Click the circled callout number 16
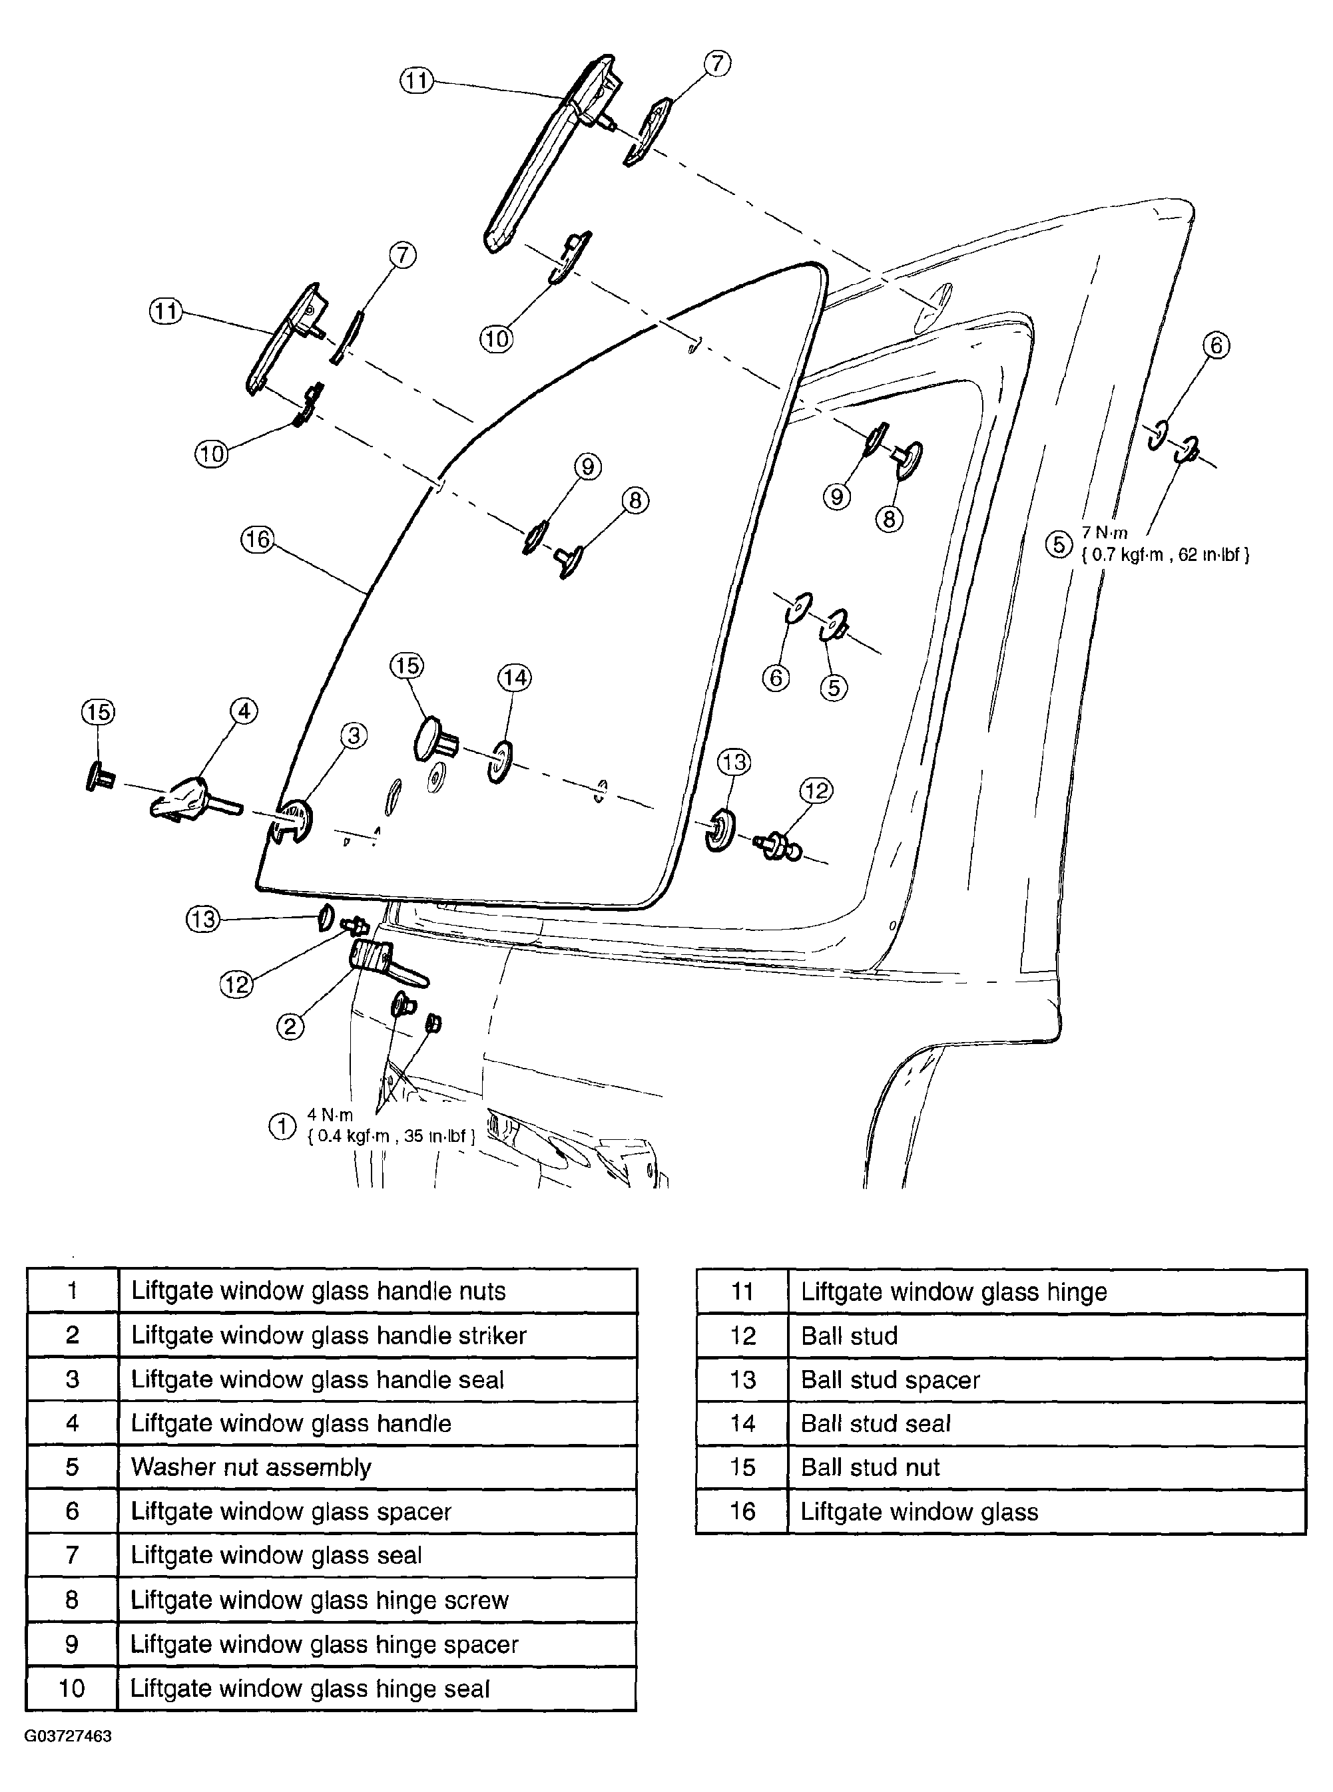pos(258,539)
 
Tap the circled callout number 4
pos(244,711)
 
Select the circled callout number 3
pos(354,735)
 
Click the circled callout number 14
pos(515,677)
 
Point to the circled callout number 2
pos(290,1026)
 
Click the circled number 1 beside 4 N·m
pos(282,1126)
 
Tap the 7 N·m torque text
pos(1105,533)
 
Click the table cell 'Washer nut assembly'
pos(251,1467)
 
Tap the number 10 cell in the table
pos(72,1688)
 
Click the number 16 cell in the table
pos(742,1511)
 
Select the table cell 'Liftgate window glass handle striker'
pos(328,1335)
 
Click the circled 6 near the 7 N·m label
pos(1216,346)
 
